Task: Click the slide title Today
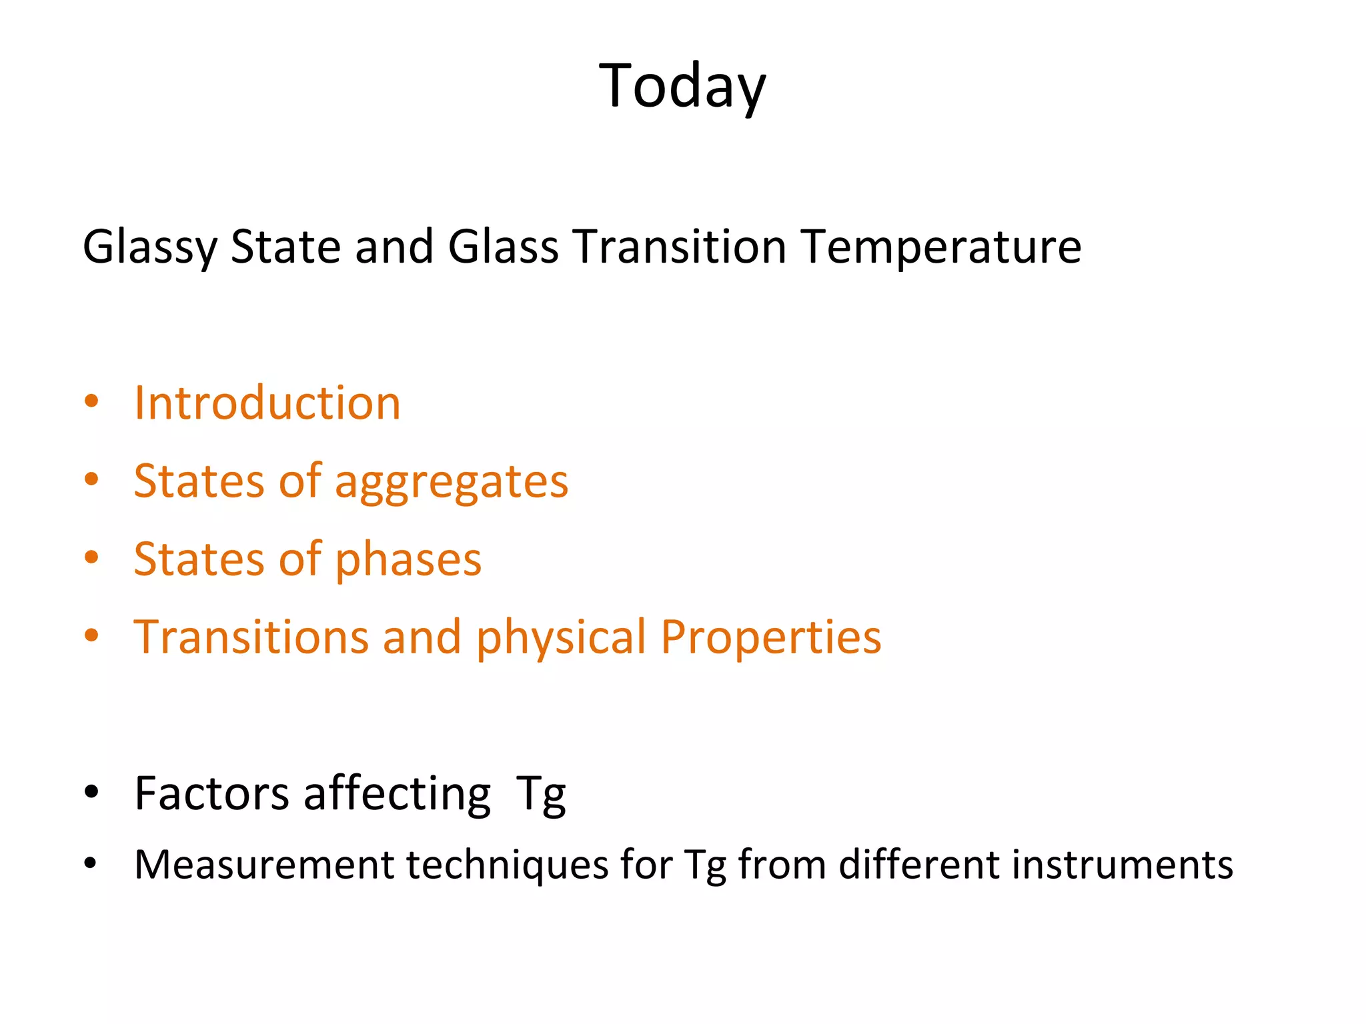[682, 87]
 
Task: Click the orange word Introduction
[267, 403]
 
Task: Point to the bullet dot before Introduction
[91, 402]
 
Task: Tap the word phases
[408, 560]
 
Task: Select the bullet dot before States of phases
[91, 557]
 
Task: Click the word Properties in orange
[771, 638]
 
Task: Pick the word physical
[561, 638]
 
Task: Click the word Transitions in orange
[250, 637]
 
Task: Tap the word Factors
[211, 793]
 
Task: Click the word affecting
[397, 795]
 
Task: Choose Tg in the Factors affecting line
[541, 795]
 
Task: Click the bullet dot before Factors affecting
[91, 792]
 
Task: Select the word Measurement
[264, 865]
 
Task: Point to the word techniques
[507, 866]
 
